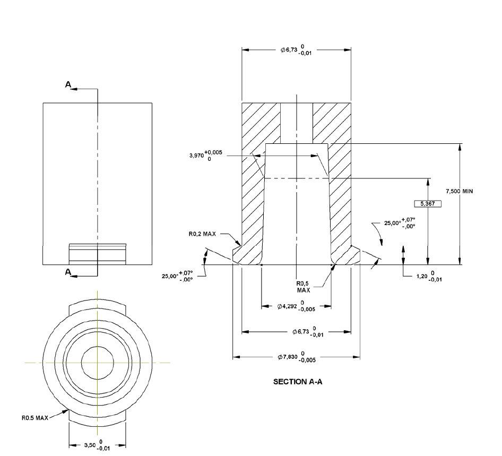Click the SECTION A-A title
coord(298,382)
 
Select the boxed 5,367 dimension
coord(428,204)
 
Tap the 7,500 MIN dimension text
coord(460,191)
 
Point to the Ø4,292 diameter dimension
coord(296,306)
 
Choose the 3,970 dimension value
coord(205,156)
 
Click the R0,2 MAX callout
coord(202,234)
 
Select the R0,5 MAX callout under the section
coord(303,287)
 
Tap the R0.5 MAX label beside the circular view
coord(35,418)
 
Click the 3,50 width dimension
coord(97,445)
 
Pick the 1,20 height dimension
coord(429,276)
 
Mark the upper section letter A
coord(68,84)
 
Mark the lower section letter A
coord(68,272)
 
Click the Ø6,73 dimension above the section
coord(296,50)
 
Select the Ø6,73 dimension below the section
coord(308,332)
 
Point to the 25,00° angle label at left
coord(177,276)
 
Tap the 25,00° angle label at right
coord(400,222)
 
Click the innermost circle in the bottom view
coord(97,363)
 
